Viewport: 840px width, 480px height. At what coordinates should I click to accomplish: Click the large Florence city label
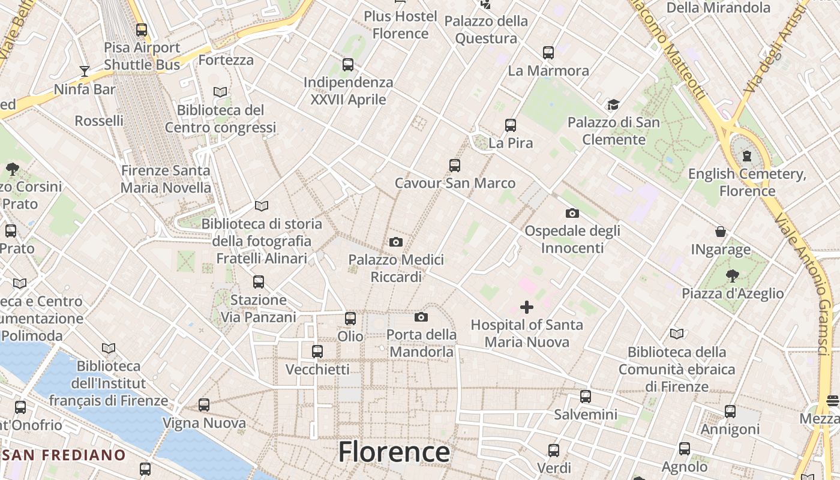click(x=394, y=452)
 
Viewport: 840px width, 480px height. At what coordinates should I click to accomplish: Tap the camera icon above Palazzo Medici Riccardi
click(x=396, y=242)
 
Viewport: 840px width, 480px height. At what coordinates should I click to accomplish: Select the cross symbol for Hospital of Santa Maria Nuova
click(x=527, y=307)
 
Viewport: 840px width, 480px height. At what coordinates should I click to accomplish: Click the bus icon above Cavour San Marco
click(x=455, y=166)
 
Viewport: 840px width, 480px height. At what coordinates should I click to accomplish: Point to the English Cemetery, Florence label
click(x=747, y=182)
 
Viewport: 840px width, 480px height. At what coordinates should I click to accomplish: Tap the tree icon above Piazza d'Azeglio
click(x=732, y=276)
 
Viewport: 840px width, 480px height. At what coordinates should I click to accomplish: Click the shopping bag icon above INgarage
click(x=721, y=232)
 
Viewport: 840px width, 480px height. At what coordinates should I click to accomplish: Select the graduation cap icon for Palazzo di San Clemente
click(x=613, y=105)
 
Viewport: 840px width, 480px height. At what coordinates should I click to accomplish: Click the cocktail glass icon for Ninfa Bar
click(x=84, y=71)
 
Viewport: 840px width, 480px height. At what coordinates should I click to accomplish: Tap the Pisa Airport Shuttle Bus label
click(x=142, y=56)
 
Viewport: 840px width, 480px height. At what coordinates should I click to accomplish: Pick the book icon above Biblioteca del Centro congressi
click(x=220, y=92)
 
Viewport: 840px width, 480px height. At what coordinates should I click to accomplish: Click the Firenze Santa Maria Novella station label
click(x=166, y=179)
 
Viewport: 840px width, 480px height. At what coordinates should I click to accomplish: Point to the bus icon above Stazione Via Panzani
click(x=259, y=281)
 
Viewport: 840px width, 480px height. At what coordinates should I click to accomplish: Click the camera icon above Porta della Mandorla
click(x=421, y=317)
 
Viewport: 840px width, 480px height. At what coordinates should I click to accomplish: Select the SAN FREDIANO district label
click(x=64, y=455)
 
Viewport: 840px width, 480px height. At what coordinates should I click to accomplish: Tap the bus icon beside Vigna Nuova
click(x=204, y=405)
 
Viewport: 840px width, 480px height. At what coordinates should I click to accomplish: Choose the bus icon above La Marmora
click(x=548, y=53)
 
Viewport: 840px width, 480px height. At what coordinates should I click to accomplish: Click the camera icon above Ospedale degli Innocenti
click(x=572, y=213)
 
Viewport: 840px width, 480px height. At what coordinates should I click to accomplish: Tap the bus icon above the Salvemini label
click(x=586, y=396)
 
